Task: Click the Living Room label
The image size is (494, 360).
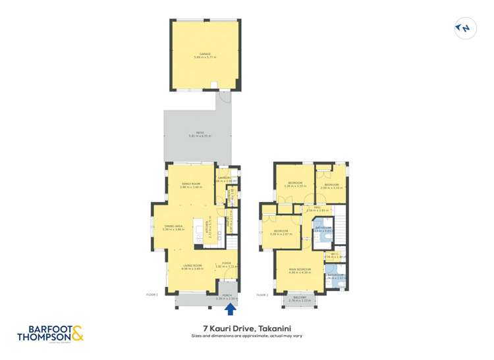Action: (x=192, y=267)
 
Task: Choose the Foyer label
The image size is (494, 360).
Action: (x=226, y=265)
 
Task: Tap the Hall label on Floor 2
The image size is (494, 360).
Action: (x=316, y=208)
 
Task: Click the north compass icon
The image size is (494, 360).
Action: (x=465, y=28)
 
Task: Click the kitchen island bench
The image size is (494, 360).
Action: (x=198, y=228)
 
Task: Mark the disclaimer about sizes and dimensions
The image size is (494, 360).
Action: (x=247, y=336)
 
